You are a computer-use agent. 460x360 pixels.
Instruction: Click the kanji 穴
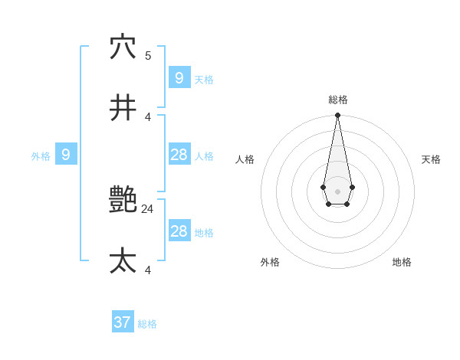(x=123, y=47)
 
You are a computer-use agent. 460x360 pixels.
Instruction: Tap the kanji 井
(x=123, y=109)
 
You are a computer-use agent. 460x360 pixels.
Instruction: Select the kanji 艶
(x=123, y=201)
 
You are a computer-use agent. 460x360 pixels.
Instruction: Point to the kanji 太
(x=123, y=261)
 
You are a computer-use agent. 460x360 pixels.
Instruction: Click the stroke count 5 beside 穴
(x=148, y=55)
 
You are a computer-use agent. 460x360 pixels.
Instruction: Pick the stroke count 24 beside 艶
(x=148, y=208)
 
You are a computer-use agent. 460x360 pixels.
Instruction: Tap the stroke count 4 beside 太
(x=148, y=270)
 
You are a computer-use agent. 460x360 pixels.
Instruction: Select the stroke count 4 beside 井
(x=148, y=116)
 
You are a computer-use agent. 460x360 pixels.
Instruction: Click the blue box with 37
(x=123, y=322)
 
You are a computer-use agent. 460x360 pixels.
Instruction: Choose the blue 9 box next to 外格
(x=66, y=155)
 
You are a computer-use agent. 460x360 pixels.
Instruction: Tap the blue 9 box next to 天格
(x=179, y=78)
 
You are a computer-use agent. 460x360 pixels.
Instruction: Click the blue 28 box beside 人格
(x=179, y=155)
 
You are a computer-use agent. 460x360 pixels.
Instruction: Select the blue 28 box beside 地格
(x=179, y=231)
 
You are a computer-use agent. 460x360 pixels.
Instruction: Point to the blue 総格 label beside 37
(x=147, y=324)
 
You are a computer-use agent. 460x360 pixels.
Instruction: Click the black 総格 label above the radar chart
(x=338, y=100)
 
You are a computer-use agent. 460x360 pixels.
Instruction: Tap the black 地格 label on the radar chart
(x=402, y=262)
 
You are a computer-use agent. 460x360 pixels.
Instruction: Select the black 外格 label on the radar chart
(x=270, y=262)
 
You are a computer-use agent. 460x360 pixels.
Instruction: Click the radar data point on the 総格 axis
(x=337, y=115)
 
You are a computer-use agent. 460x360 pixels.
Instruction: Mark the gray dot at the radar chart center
(x=337, y=191)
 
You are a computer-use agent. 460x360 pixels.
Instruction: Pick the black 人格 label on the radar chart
(x=245, y=159)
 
